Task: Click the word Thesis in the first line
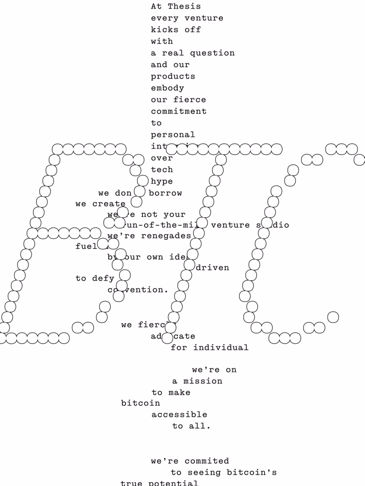[x=184, y=6]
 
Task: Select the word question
[x=212, y=53]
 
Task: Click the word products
[x=173, y=76]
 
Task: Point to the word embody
[x=167, y=88]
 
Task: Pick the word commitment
[x=178, y=111]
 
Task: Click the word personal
[x=173, y=135]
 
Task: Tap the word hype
[x=162, y=181]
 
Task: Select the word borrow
[x=165, y=193]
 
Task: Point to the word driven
[x=212, y=268]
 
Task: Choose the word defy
[x=103, y=279]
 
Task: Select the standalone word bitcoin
[x=140, y=403]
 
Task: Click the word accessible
[x=179, y=414]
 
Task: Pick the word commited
[x=206, y=461]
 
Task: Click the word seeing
[x=204, y=472]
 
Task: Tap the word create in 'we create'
[x=109, y=204]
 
